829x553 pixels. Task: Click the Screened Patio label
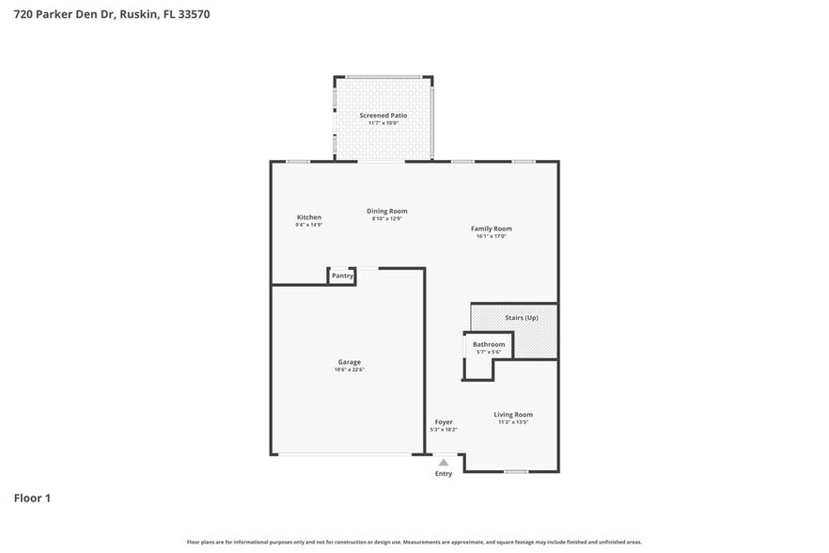click(x=383, y=115)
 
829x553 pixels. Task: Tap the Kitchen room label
click(x=308, y=217)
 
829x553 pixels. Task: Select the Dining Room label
click(x=386, y=211)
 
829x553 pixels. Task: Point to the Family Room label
click(x=491, y=229)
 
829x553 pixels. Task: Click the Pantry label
click(x=342, y=276)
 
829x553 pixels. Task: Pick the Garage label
click(x=349, y=362)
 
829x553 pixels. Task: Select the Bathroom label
click(x=489, y=344)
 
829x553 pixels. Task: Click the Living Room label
click(x=513, y=414)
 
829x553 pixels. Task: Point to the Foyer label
click(x=444, y=422)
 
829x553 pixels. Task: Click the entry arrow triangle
click(x=444, y=462)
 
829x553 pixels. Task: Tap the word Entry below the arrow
click(x=444, y=473)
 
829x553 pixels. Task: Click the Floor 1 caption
click(x=32, y=498)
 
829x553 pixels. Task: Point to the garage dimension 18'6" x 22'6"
click(x=349, y=370)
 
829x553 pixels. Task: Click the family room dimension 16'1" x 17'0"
click(x=491, y=236)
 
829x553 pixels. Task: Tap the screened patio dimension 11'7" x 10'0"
click(x=383, y=122)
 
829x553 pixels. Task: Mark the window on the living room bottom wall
click(x=515, y=470)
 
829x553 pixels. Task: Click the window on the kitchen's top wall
click(x=298, y=162)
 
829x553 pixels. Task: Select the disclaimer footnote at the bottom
click(x=414, y=542)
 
